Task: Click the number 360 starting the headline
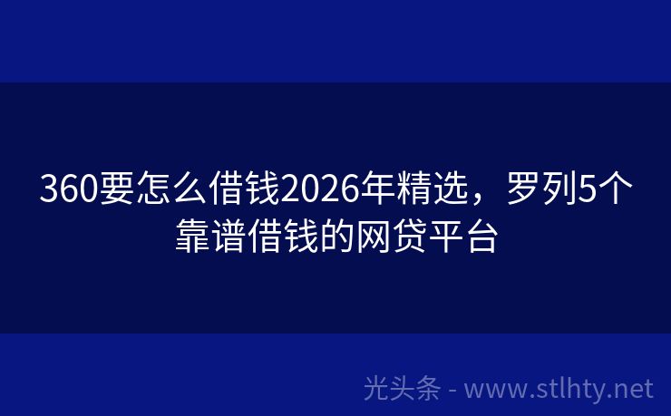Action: coord(66,191)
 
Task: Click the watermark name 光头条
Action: coord(403,389)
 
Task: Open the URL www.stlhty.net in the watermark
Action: coord(559,390)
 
